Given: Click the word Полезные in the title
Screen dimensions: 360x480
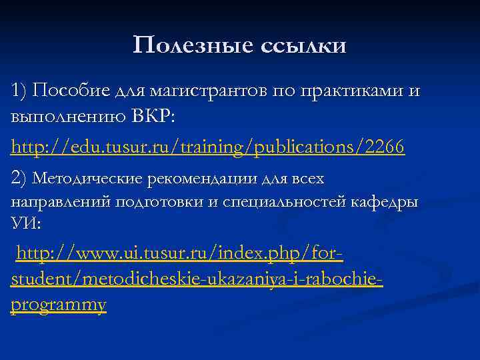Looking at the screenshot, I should (187, 45).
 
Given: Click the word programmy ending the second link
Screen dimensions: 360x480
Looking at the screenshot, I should (59, 305).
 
